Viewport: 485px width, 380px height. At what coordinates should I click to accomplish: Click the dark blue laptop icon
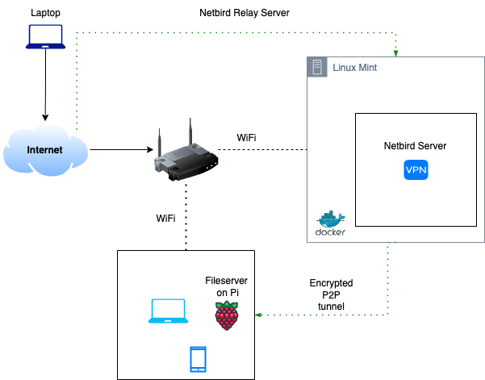click(x=45, y=36)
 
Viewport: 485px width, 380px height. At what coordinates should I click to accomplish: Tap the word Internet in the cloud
click(x=44, y=150)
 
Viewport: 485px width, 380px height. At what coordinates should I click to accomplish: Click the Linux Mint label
click(x=355, y=68)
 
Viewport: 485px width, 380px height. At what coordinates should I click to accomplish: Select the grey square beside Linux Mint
click(x=317, y=68)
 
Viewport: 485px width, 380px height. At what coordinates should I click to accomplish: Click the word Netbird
click(x=402, y=146)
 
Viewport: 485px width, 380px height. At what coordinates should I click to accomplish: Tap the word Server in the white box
click(x=433, y=146)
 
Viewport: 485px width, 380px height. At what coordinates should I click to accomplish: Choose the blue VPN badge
click(x=416, y=169)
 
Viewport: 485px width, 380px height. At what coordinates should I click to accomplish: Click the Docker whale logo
click(x=331, y=219)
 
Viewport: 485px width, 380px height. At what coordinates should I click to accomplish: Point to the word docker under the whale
click(x=331, y=232)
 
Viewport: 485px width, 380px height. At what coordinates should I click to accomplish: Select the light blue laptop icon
click(x=168, y=311)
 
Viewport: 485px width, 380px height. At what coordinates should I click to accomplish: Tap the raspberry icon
click(x=227, y=315)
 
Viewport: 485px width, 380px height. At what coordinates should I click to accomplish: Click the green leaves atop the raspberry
click(x=227, y=304)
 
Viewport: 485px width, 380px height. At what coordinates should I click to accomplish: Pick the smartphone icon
click(x=198, y=359)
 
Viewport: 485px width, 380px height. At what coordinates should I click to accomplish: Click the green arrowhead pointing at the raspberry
click(x=257, y=315)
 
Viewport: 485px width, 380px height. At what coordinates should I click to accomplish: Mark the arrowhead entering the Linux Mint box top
click(x=395, y=53)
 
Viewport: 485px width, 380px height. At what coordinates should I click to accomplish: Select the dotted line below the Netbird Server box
click(x=388, y=274)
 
